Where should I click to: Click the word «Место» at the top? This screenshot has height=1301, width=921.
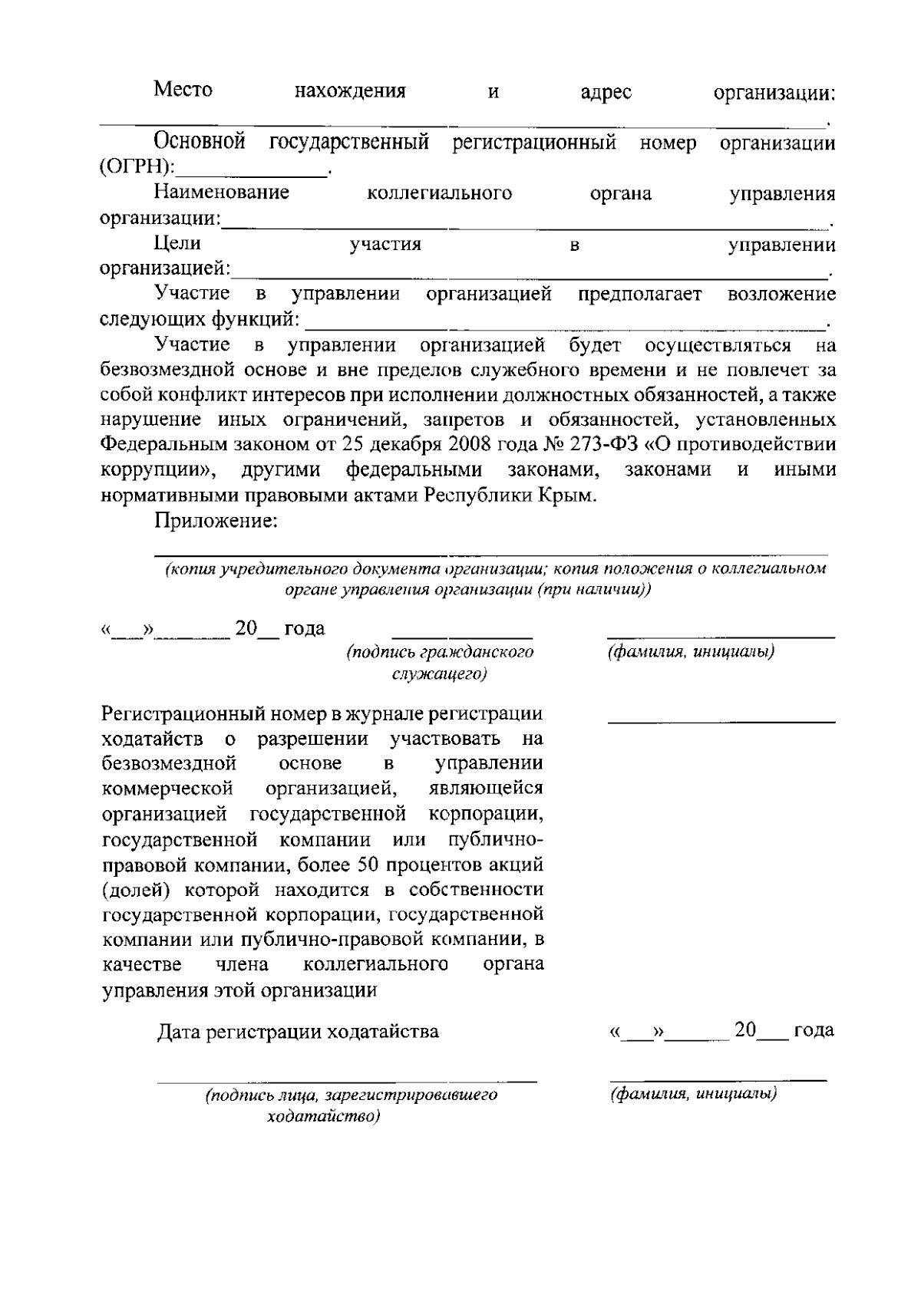click(183, 90)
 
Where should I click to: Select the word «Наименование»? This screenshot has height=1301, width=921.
click(221, 192)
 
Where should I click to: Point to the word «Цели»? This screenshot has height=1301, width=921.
click(177, 243)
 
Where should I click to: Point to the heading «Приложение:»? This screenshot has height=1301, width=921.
click(216, 522)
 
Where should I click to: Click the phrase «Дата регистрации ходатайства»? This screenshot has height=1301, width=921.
click(298, 1031)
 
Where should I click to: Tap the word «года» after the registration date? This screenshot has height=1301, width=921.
click(814, 1030)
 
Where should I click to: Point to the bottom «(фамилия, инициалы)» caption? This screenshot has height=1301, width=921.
click(694, 1094)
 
